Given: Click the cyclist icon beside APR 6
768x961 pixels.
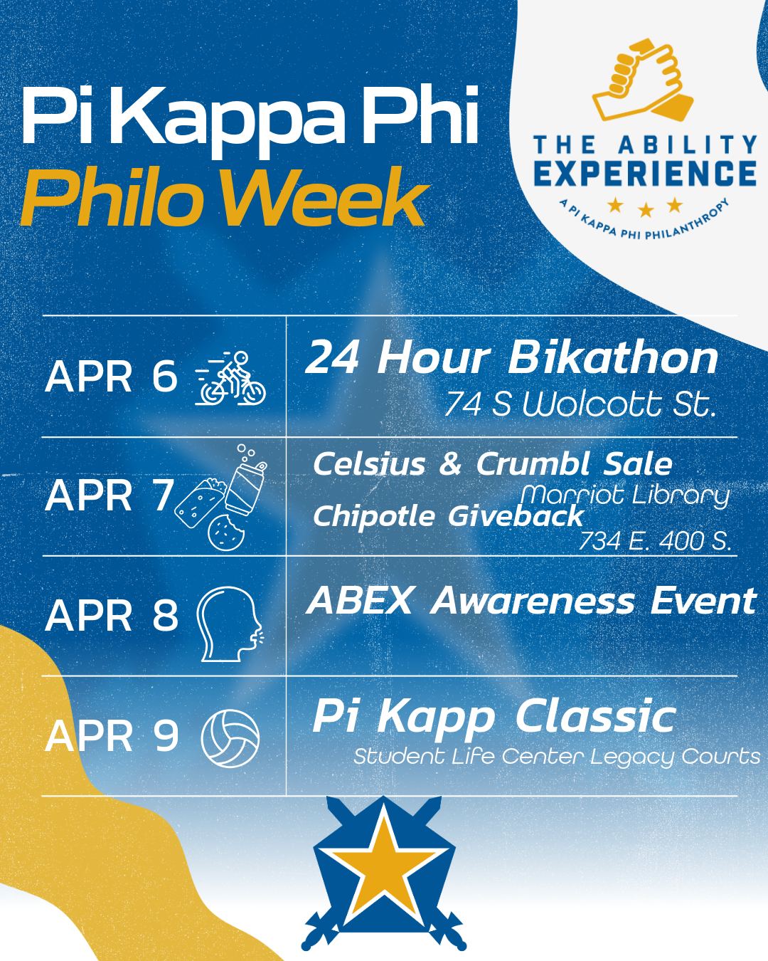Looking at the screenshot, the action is (x=230, y=378).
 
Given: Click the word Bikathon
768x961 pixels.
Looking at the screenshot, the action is (x=613, y=358).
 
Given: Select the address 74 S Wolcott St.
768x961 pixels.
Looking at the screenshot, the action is (x=580, y=404).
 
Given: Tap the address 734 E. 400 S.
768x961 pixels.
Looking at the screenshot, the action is (x=655, y=541).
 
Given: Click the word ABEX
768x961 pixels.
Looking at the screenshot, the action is (x=360, y=601).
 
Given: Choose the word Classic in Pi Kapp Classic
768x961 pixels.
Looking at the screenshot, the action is (x=595, y=717).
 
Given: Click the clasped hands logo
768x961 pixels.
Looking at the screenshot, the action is (x=643, y=80).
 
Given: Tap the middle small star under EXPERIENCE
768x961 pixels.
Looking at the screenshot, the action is (x=645, y=209).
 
